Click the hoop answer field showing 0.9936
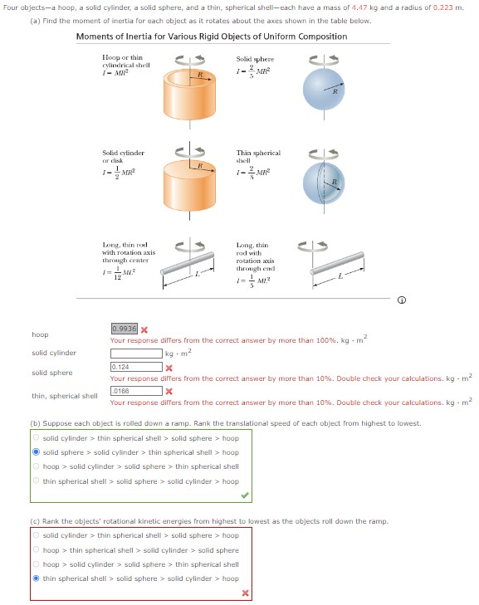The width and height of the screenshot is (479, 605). coord(124,329)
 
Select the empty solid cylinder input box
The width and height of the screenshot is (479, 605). coord(135,354)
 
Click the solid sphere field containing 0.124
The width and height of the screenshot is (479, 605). coord(135,367)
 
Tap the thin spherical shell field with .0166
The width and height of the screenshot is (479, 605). coord(135,390)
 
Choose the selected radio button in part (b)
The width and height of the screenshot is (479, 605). coord(36,452)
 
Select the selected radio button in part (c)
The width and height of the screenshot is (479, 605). coord(36,578)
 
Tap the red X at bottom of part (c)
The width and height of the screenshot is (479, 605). coord(245,593)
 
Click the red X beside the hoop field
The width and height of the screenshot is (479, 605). coord(144,330)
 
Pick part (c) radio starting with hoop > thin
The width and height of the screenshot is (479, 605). coord(36,550)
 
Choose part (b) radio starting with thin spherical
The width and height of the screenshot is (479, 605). coord(36,481)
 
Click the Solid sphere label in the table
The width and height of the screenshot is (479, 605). coord(254,60)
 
